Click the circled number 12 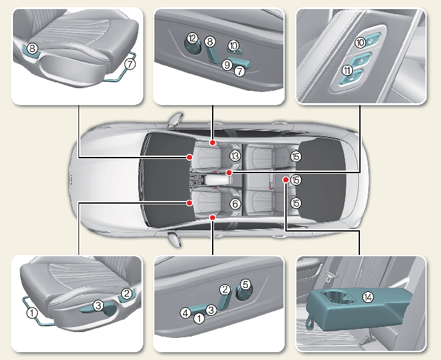pyautogui.click(x=193, y=40)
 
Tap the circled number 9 pyautogui.click(x=226, y=65)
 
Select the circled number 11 pyautogui.click(x=348, y=71)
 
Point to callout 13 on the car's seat pyautogui.click(x=235, y=156)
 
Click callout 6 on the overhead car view pyautogui.click(x=235, y=204)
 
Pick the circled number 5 pyautogui.click(x=244, y=283)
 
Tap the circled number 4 pyautogui.click(x=185, y=313)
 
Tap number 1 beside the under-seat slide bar pyautogui.click(x=31, y=311)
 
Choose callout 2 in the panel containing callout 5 pyautogui.click(x=225, y=289)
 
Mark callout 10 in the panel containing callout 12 pyautogui.click(x=233, y=45)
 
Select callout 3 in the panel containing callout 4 pyautogui.click(x=211, y=309)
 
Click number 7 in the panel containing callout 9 pyautogui.click(x=239, y=71)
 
